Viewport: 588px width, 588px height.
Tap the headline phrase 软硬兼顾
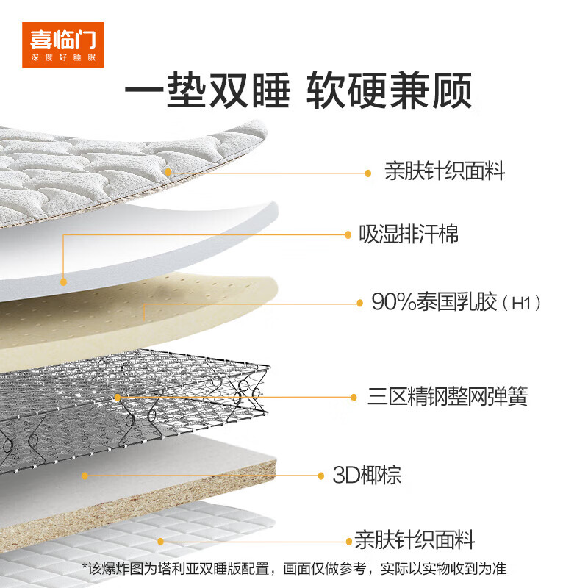coord(389,93)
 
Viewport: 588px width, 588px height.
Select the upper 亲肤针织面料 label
coord(445,173)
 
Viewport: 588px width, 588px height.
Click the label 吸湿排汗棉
coord(409,234)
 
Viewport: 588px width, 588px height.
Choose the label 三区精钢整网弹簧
coord(448,397)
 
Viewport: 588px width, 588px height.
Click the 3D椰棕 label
coord(367,475)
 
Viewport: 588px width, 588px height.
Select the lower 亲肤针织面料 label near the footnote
coord(415,540)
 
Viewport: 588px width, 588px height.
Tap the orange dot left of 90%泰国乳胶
coord(359,301)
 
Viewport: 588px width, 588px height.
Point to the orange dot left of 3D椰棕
coord(321,475)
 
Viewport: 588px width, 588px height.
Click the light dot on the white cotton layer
coord(63,281)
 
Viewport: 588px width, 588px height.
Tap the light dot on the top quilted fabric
coord(168,173)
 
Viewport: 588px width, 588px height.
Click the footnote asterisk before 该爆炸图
coord(85,568)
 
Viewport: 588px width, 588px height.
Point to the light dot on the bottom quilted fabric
coord(161,541)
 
